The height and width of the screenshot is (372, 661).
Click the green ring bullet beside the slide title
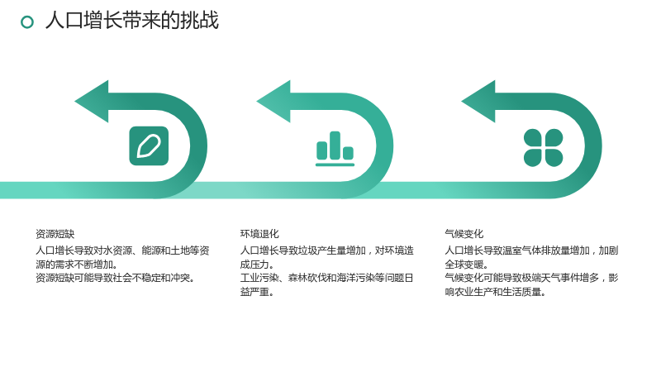click(x=27, y=22)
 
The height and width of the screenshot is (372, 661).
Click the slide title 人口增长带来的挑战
click(x=132, y=21)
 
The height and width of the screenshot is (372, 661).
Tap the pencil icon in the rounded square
click(x=149, y=146)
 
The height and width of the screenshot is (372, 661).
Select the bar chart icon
click(x=335, y=149)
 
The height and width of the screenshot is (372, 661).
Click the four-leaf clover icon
click(x=543, y=148)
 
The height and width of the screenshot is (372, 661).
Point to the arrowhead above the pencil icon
click(x=92, y=101)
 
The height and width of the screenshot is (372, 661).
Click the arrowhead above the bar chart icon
click(x=273, y=101)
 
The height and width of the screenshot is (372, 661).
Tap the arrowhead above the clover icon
click(x=478, y=101)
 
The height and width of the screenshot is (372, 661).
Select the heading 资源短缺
click(x=55, y=234)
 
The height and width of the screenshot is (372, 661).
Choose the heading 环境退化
click(x=259, y=234)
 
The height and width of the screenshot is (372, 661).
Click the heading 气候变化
click(x=464, y=234)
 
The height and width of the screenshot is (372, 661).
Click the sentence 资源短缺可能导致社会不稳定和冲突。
click(x=115, y=278)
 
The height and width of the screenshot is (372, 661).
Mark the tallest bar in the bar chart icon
click(x=335, y=145)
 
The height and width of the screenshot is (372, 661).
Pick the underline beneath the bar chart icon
click(x=335, y=165)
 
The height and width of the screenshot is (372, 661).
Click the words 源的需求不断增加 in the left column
click(x=74, y=265)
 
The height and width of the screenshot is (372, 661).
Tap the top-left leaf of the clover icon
click(x=532, y=137)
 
